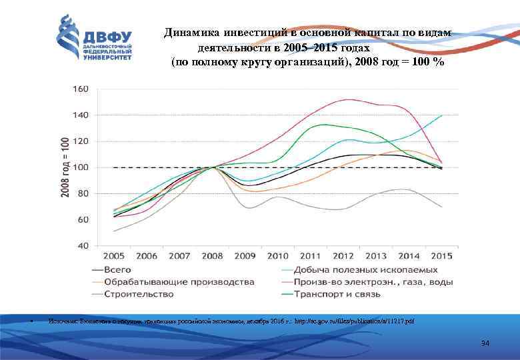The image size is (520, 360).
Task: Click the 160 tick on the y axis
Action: point(79,89)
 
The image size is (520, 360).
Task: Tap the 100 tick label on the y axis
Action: point(79,167)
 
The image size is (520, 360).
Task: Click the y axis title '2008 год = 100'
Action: point(65,167)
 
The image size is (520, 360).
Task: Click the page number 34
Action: point(485,343)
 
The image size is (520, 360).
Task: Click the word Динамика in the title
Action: point(193,33)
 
